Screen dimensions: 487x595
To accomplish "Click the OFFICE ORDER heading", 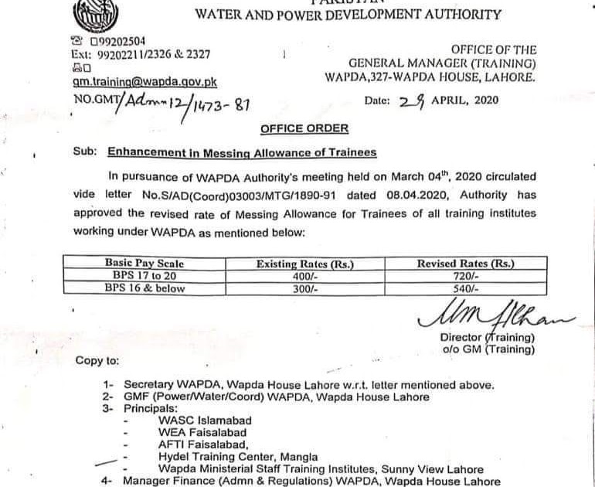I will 304,128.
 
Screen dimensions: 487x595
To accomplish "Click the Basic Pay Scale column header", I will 144,264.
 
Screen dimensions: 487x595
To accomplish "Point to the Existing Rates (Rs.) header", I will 304,264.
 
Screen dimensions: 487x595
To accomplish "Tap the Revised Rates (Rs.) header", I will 466,264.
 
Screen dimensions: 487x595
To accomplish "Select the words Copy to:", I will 97,361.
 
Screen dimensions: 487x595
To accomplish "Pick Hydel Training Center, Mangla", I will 237,457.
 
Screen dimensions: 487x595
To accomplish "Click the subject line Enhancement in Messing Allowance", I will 242,152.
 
